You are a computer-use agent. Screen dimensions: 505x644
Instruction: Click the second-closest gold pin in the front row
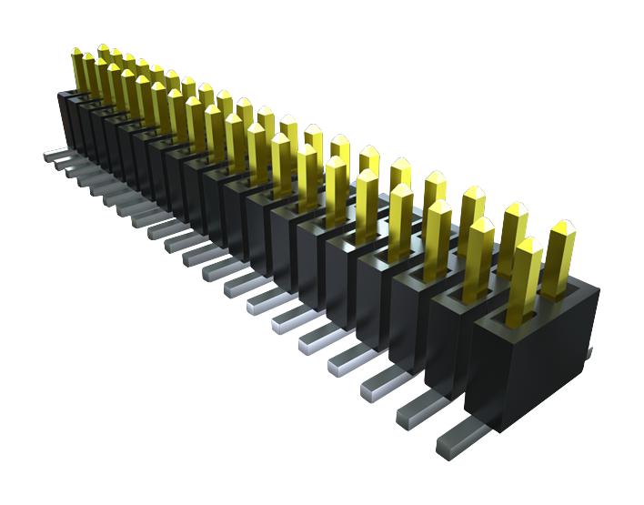(477, 260)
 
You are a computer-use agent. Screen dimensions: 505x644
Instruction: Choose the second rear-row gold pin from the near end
(512, 238)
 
